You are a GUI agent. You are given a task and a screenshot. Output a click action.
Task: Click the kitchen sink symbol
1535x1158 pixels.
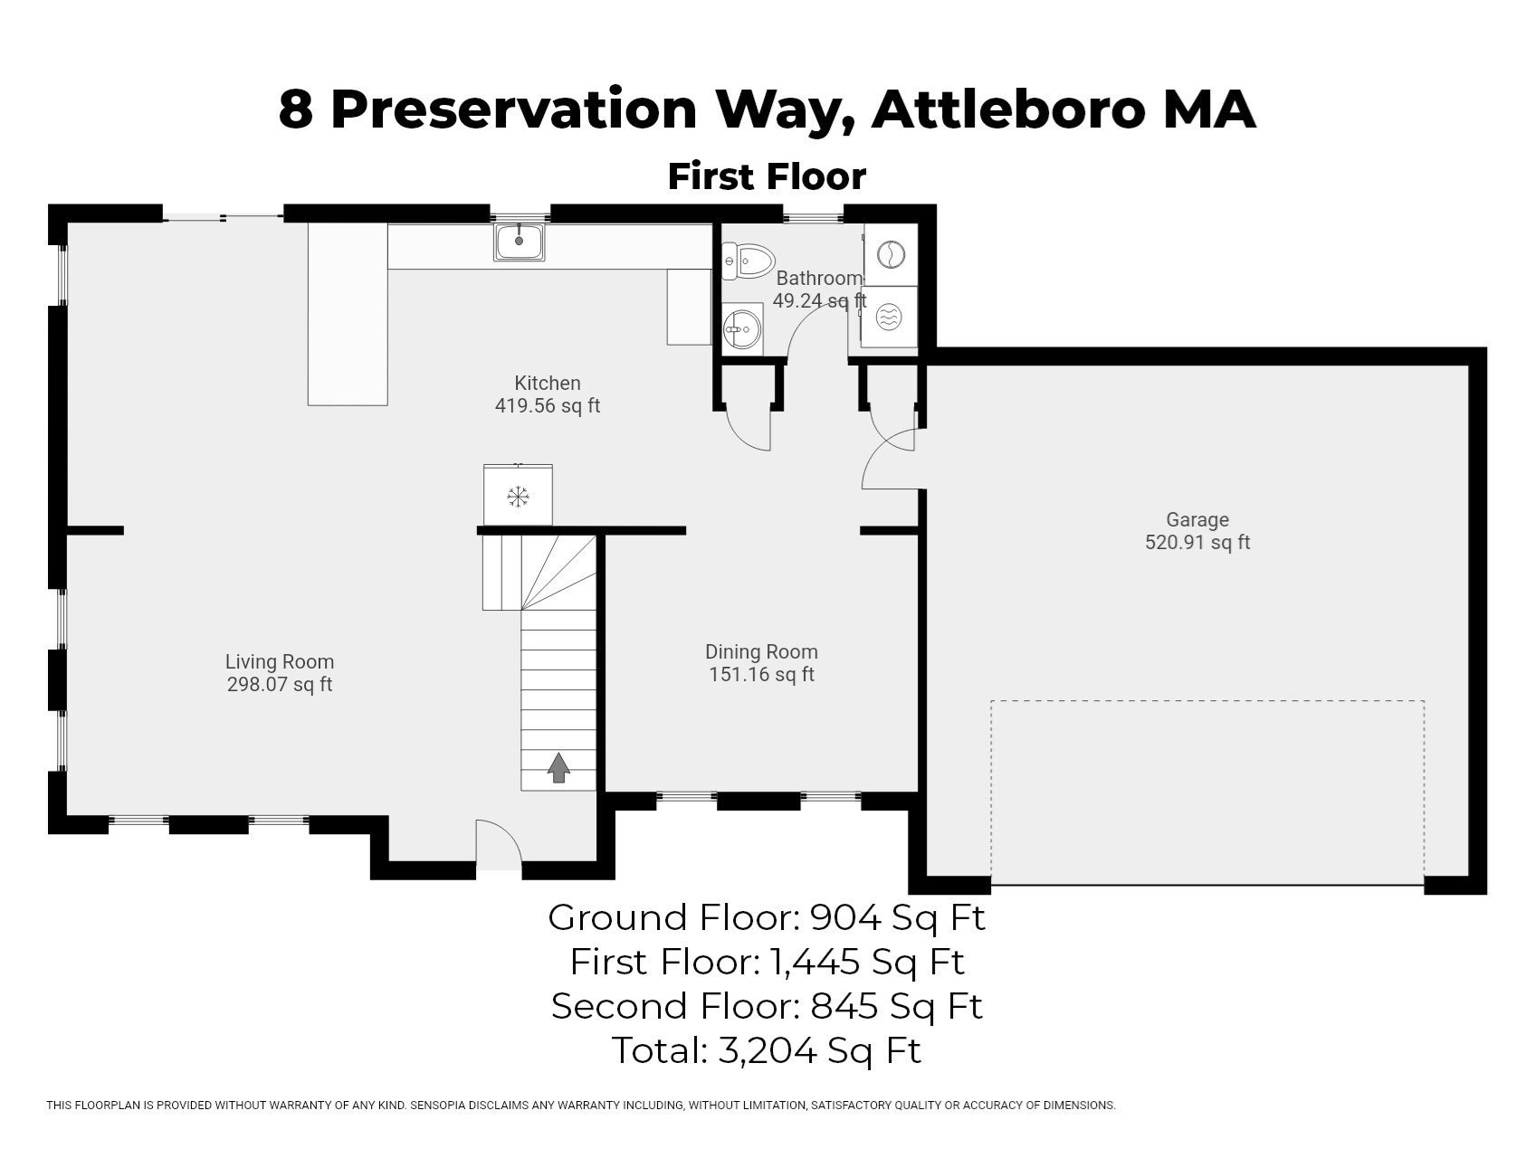(x=519, y=242)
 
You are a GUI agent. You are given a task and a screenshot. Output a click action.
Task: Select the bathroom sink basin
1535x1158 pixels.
(x=743, y=327)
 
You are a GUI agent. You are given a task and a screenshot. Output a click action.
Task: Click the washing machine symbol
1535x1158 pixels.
(x=891, y=254)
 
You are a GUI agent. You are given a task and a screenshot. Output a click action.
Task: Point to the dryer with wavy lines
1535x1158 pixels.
(x=889, y=318)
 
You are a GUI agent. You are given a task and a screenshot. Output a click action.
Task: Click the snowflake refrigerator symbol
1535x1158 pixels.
(x=518, y=496)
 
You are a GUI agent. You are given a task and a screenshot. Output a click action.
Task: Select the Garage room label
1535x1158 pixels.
(x=1197, y=519)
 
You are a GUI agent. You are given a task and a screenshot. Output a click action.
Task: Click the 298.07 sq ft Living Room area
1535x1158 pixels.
(x=279, y=685)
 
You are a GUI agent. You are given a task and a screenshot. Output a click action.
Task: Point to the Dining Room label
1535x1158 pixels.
(x=761, y=651)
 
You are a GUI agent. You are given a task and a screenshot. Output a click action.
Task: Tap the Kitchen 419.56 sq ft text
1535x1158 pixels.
(x=547, y=405)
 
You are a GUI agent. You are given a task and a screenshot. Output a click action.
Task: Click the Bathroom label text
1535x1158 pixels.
(x=819, y=278)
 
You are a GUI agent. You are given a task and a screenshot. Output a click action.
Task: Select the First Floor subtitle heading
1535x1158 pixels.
(x=767, y=176)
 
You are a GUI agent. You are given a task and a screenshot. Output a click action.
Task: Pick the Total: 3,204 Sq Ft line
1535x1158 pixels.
(x=766, y=1050)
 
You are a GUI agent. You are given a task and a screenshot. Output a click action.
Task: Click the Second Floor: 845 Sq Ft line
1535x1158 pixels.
(x=766, y=1006)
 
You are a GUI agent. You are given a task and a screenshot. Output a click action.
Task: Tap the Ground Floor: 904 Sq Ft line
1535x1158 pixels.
(x=766, y=917)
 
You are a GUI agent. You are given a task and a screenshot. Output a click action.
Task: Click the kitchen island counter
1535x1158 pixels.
(x=348, y=314)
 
